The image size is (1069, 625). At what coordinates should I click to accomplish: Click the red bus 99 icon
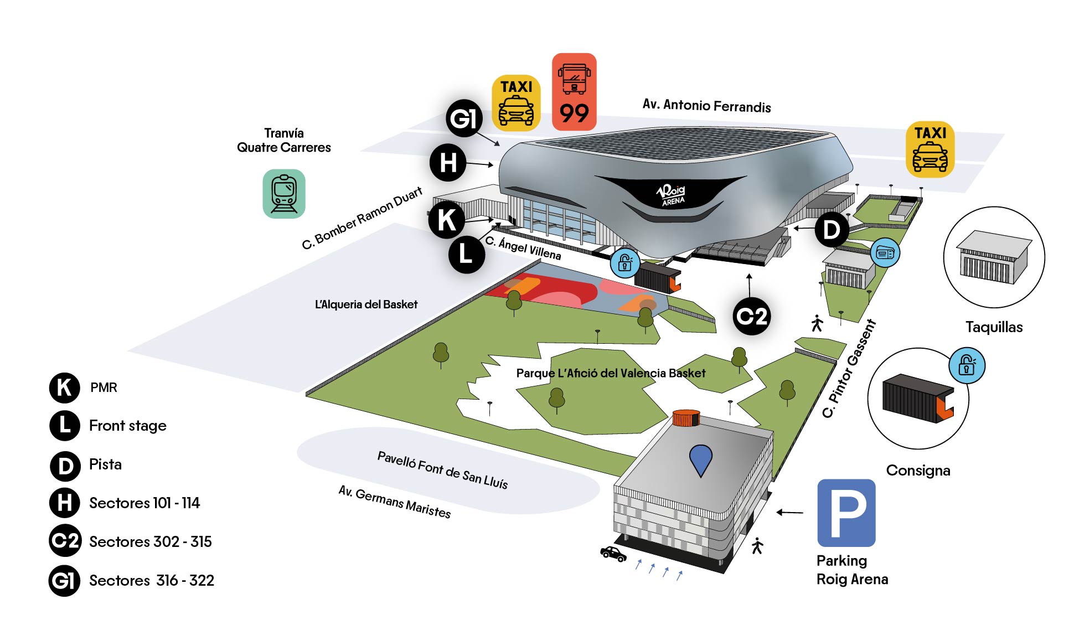point(574,92)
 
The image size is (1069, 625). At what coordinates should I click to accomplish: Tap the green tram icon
point(284,194)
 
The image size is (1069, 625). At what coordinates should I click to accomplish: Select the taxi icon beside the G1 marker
point(516,103)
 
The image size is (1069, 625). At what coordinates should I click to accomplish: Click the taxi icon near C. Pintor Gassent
point(930,149)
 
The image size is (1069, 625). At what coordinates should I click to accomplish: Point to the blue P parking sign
point(846,513)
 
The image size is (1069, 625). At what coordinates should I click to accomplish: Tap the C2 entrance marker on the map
point(751,316)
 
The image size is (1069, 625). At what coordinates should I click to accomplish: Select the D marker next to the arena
point(831,230)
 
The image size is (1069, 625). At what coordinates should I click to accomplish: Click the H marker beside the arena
point(448,163)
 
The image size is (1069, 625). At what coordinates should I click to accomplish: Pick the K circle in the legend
point(64,388)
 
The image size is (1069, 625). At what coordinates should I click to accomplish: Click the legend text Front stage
point(128,426)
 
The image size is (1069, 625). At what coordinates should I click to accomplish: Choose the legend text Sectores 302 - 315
point(151,541)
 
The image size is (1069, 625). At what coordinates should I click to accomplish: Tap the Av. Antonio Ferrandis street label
point(706,105)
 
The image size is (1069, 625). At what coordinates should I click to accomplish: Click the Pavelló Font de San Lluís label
point(442,470)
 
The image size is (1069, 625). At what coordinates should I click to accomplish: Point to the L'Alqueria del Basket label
point(366,304)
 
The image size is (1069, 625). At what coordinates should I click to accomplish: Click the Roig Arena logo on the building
point(672,194)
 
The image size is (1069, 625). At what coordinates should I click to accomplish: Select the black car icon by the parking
point(613,553)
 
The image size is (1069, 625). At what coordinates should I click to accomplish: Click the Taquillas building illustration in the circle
point(993,257)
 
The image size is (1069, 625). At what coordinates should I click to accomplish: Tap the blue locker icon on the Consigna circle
point(967,365)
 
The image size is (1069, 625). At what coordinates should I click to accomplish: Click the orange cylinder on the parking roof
point(686,418)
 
